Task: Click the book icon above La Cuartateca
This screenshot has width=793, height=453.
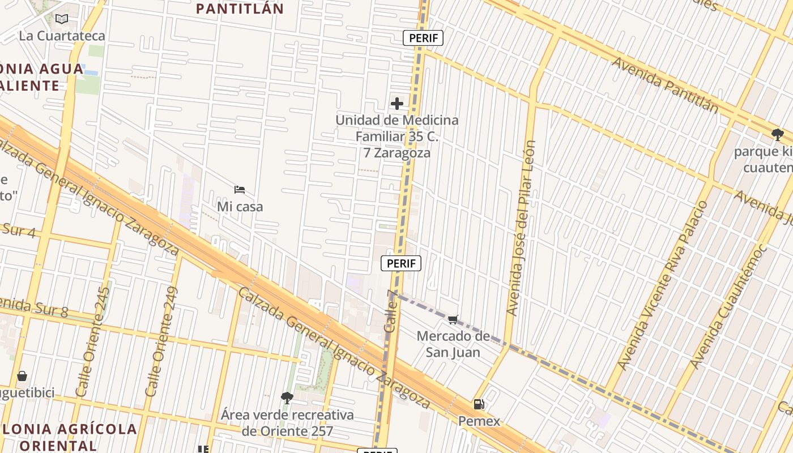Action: [62, 19]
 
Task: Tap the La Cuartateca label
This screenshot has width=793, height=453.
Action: [62, 36]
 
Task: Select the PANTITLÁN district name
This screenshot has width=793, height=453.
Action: [240, 8]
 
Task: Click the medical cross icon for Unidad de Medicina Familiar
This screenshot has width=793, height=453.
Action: [397, 104]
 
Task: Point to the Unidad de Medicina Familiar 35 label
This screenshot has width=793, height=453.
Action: [396, 136]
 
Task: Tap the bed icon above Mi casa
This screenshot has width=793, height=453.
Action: [240, 189]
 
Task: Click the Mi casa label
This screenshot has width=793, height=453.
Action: [240, 207]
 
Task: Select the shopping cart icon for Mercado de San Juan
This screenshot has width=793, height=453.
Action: [453, 319]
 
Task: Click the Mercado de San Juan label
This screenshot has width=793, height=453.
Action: [453, 344]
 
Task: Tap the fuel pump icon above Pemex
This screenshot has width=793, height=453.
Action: [479, 404]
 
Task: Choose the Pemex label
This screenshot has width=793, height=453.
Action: [479, 421]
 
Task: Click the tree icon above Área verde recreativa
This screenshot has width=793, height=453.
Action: [287, 398]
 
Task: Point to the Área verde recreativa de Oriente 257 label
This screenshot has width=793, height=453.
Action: [287, 423]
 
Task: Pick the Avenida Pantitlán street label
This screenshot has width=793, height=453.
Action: [665, 86]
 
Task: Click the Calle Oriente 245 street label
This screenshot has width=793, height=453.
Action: [93, 341]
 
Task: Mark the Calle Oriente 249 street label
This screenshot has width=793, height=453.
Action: [162, 341]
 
